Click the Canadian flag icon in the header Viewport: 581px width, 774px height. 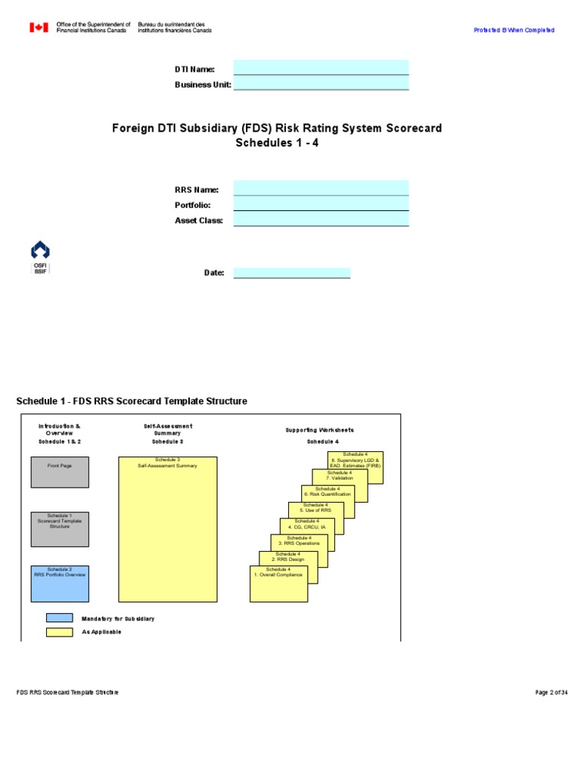coord(39,27)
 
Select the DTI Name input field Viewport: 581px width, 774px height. coord(321,67)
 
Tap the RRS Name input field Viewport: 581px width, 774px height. coord(321,188)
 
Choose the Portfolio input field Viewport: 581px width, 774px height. coord(321,204)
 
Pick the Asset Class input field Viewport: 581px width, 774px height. coord(321,219)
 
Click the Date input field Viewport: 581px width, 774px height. coord(291,272)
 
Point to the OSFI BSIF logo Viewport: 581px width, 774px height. coord(40,258)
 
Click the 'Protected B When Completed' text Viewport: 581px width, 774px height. coord(514,30)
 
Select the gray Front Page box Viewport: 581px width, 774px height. coord(59,472)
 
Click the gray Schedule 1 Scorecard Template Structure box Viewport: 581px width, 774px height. coord(59,528)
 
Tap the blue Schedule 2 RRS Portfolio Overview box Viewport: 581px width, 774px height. coord(59,583)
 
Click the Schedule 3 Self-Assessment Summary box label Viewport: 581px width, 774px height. coord(167,463)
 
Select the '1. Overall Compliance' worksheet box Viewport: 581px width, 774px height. coord(278,583)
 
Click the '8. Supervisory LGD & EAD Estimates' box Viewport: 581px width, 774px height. coord(356,466)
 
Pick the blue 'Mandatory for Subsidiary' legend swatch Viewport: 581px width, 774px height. coord(59,618)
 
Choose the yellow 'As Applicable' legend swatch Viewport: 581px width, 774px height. coord(59,632)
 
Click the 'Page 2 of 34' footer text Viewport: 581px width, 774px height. coord(551,692)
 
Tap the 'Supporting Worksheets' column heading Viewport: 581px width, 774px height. coord(319,430)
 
